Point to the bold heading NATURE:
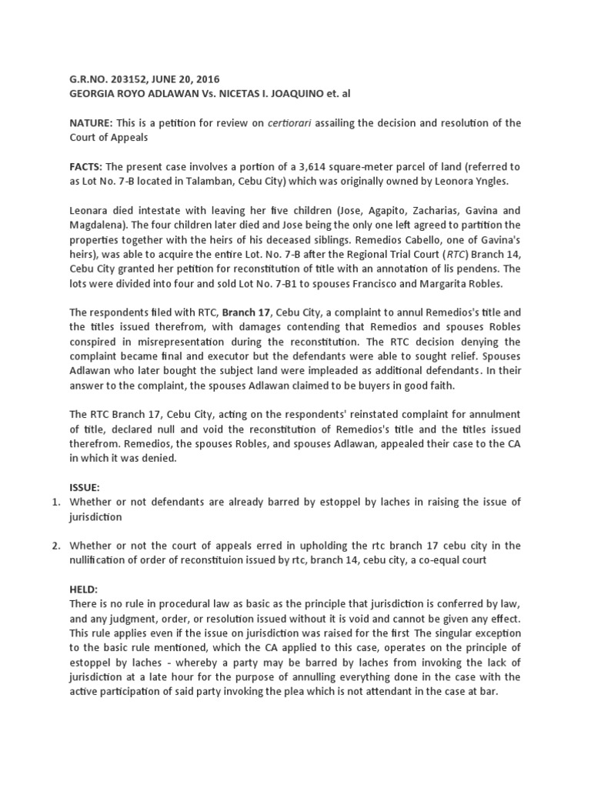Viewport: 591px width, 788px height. (91, 123)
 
